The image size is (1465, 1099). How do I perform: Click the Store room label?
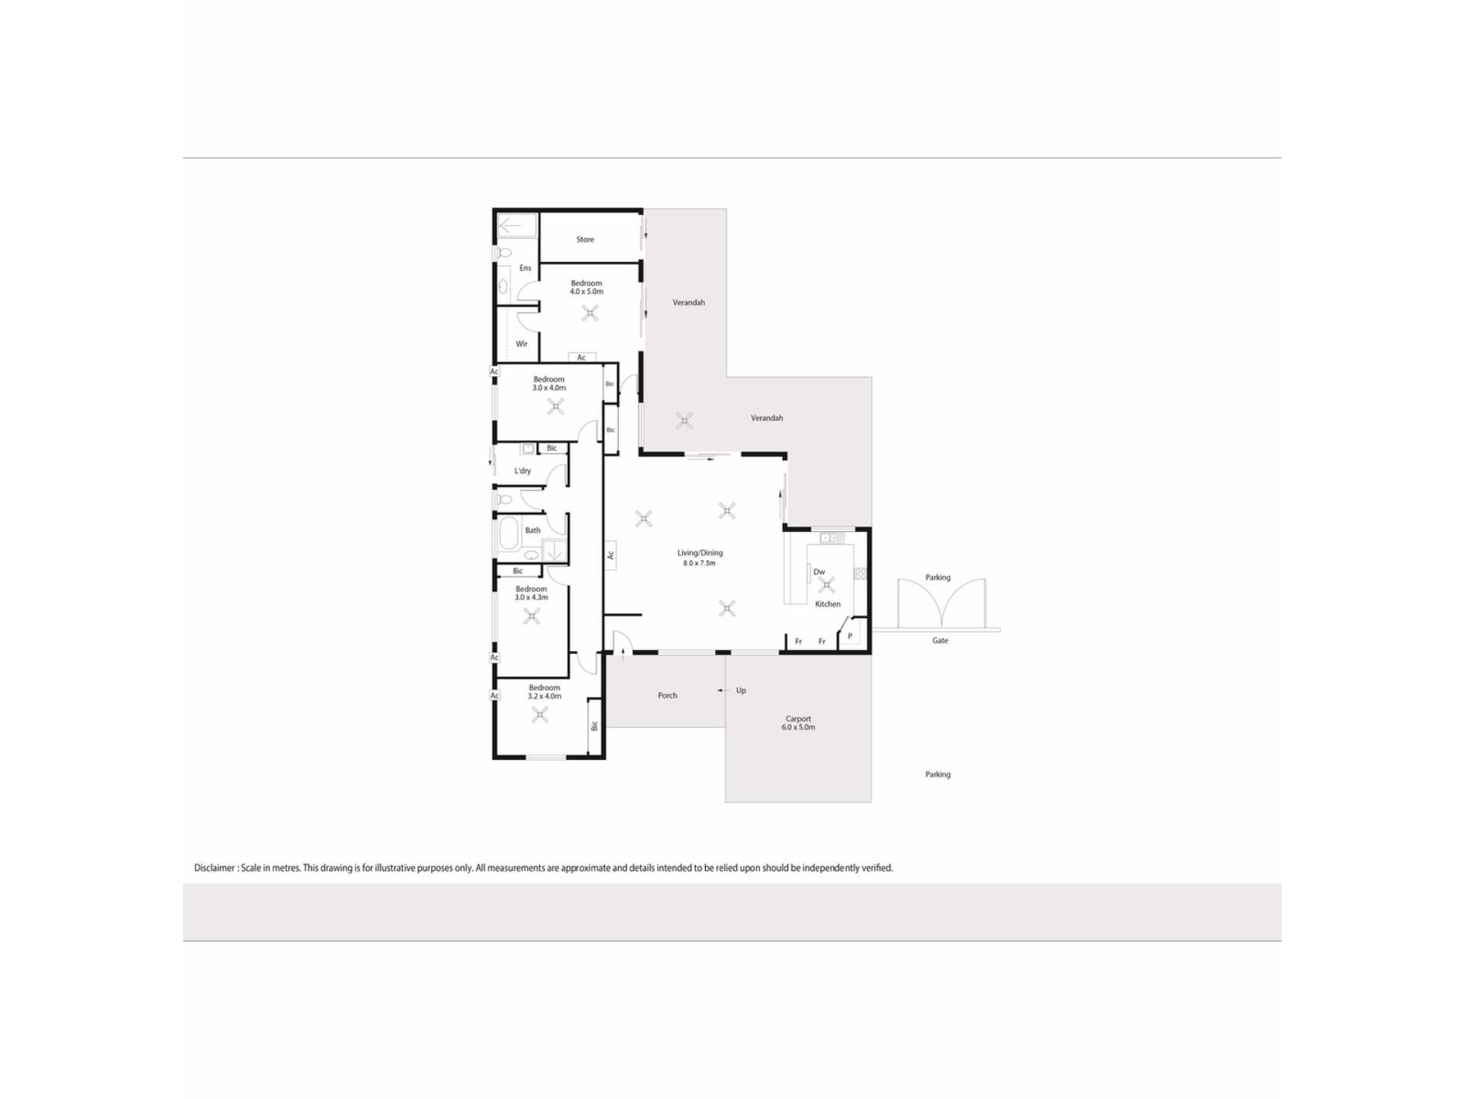tap(585, 240)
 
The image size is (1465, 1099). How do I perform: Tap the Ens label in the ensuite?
tap(525, 268)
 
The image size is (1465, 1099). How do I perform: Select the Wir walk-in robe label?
tap(522, 344)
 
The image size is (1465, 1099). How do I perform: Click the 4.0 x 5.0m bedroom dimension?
tap(587, 292)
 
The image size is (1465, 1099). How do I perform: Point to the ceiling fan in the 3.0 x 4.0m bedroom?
tap(555, 406)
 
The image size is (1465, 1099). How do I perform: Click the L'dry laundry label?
tap(523, 471)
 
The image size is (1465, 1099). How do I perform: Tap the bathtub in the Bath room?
tap(509, 535)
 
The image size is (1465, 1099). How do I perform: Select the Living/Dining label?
tap(700, 553)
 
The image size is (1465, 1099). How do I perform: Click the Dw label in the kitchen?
tap(819, 572)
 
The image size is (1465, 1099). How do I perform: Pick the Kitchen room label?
tap(828, 604)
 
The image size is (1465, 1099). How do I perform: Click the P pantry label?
tap(850, 637)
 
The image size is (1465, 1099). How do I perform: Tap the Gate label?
tap(940, 641)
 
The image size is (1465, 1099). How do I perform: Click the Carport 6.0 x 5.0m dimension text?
tap(798, 727)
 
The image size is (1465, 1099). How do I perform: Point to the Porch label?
tap(668, 695)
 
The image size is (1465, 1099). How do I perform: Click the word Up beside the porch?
tap(741, 691)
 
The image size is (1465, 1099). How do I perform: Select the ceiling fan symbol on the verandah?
tap(684, 421)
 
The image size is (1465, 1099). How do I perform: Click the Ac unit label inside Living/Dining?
tap(610, 555)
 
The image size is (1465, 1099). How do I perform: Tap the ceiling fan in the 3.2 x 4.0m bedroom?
tap(540, 714)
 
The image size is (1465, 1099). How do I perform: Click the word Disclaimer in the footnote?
tap(214, 868)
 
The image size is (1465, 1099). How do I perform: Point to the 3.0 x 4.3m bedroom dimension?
tap(531, 598)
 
